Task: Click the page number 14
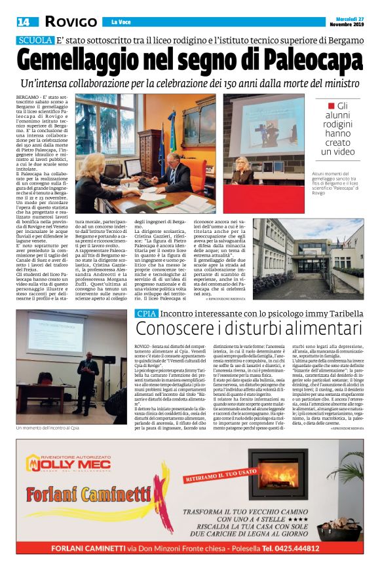point(24,22)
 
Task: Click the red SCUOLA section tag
point(35,40)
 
